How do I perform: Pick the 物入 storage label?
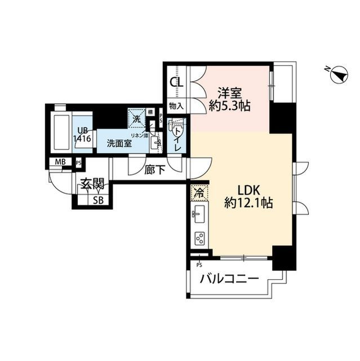tap(176, 105)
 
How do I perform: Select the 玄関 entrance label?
tap(91, 183)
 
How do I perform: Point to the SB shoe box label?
tap(97, 200)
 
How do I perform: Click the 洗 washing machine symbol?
tap(136, 118)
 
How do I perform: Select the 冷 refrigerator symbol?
tap(198, 192)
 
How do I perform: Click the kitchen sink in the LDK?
tap(198, 214)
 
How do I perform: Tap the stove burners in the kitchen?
tap(199, 238)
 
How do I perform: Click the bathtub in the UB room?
tap(60, 133)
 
